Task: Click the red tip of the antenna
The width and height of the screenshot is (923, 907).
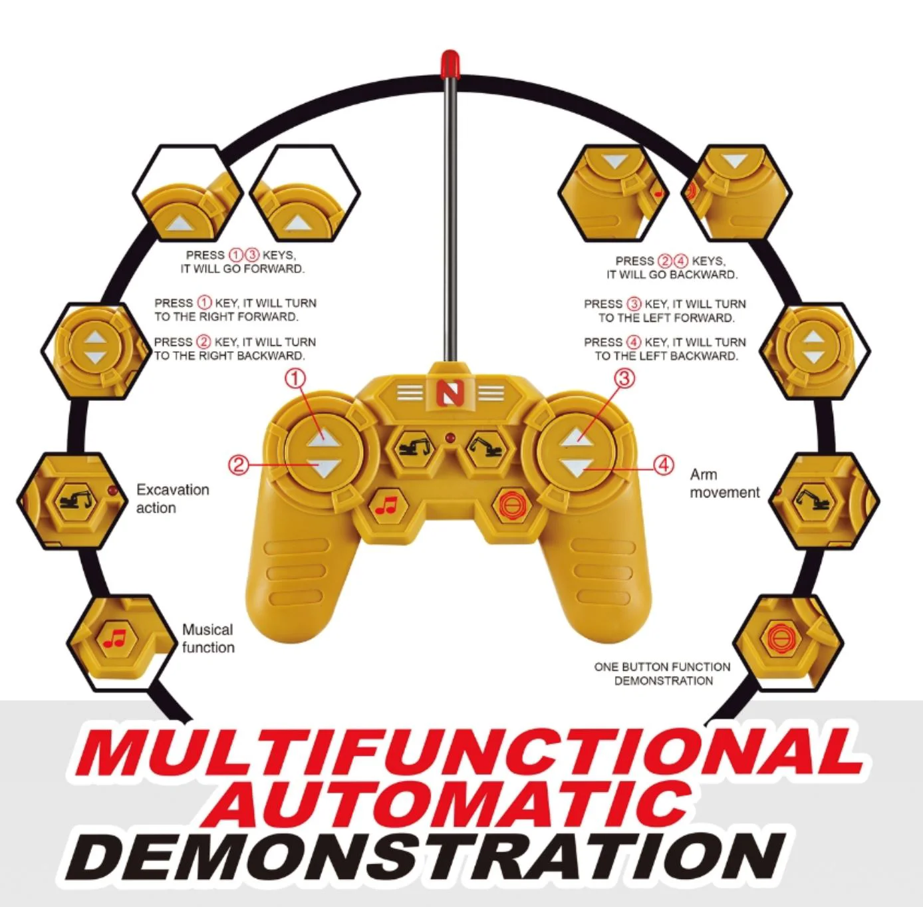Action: (450, 65)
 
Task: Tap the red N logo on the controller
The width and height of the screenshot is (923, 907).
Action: (448, 392)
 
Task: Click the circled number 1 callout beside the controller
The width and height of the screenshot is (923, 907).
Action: (295, 378)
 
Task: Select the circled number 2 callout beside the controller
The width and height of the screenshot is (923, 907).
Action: (239, 464)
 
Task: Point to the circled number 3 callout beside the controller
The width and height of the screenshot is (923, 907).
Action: (624, 378)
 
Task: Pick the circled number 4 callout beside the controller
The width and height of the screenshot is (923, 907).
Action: (664, 465)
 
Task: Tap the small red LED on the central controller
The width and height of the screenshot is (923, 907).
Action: (450, 438)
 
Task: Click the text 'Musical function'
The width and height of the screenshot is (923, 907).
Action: (208, 638)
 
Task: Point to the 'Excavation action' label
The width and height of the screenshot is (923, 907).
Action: (173, 498)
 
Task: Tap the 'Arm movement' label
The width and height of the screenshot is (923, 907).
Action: (725, 483)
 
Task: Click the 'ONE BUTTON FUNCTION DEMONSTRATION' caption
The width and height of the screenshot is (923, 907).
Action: (662, 674)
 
